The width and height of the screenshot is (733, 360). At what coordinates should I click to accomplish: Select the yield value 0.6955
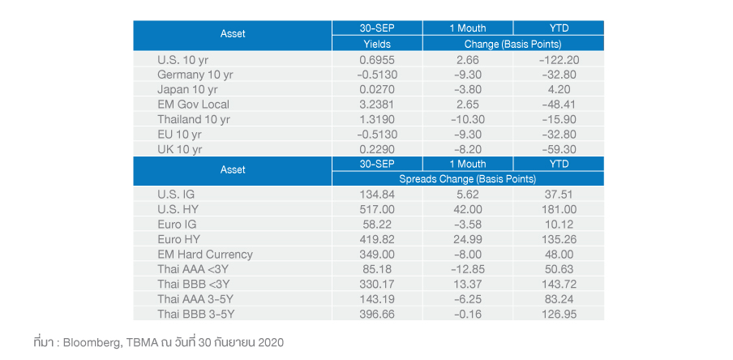pos(377,59)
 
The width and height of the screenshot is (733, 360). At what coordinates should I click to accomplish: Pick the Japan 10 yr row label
pos(187,89)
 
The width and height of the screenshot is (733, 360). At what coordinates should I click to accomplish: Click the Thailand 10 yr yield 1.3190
pos(377,119)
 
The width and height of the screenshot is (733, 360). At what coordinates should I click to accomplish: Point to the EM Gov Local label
pos(193,105)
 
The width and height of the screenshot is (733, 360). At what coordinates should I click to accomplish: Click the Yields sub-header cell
pos(377,43)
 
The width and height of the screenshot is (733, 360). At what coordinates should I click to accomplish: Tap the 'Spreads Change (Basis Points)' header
pos(467,178)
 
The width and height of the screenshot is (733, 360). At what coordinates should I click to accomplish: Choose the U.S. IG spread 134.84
pos(377,195)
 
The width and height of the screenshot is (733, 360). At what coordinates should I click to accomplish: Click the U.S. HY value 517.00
pos(377,209)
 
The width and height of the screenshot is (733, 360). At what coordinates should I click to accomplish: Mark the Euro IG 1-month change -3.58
pos(467,225)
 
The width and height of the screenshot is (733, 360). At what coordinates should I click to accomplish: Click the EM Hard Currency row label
pos(205,254)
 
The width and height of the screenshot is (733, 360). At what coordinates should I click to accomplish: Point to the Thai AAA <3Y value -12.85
pos(467,269)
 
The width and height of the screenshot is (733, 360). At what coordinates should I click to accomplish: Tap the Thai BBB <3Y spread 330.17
pos(377,284)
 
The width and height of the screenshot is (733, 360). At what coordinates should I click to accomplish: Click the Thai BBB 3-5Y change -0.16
pos(467,314)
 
